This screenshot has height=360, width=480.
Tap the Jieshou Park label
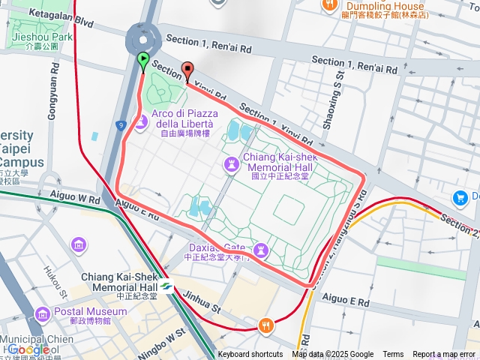coord(42,36)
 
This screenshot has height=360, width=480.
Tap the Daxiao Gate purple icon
coord(260,248)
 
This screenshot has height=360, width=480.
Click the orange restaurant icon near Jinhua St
coord(265,325)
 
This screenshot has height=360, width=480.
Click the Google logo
coord(28,349)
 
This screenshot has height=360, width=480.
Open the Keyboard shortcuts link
coord(250,355)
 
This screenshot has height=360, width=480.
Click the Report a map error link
coord(444,355)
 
